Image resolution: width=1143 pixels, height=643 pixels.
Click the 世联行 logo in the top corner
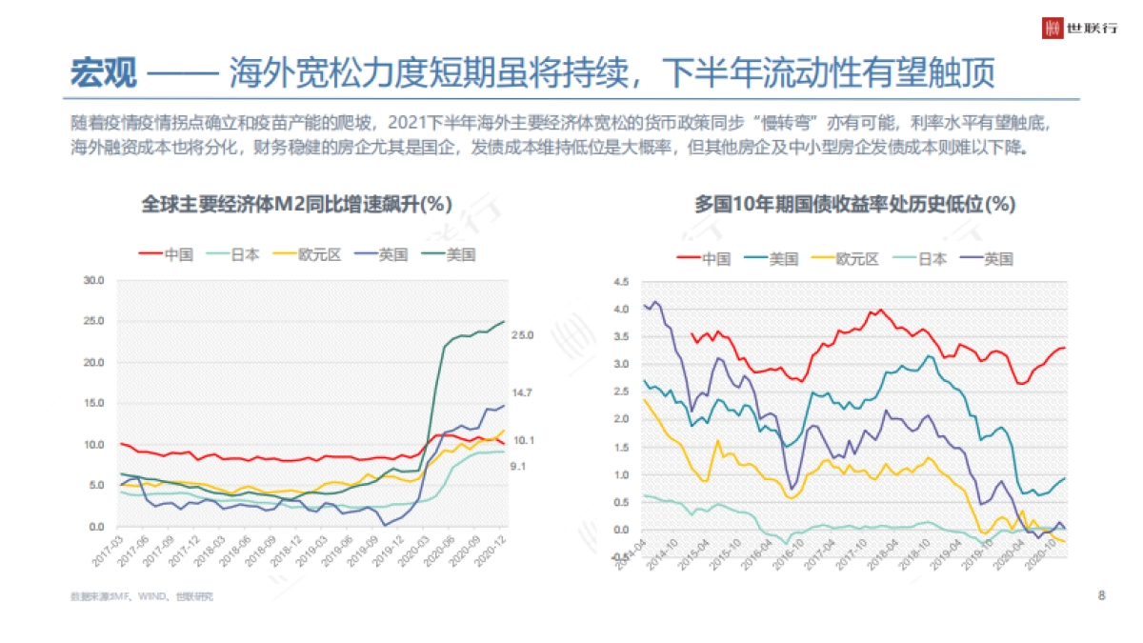pyautogui.click(x=1078, y=28)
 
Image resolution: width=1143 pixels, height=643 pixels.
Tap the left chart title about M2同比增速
pyautogui.click(x=296, y=204)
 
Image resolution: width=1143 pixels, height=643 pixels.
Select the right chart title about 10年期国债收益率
pyautogui.click(x=854, y=204)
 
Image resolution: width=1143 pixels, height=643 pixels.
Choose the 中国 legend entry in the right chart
pyautogui.click(x=704, y=259)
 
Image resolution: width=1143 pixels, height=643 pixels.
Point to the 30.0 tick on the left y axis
pyautogui.click(x=93, y=281)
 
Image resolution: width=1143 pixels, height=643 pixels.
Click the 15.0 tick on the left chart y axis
pyautogui.click(x=93, y=404)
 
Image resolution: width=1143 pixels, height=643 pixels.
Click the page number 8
pyautogui.click(x=1102, y=596)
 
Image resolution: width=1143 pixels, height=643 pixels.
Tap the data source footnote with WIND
pyautogui.click(x=142, y=597)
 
